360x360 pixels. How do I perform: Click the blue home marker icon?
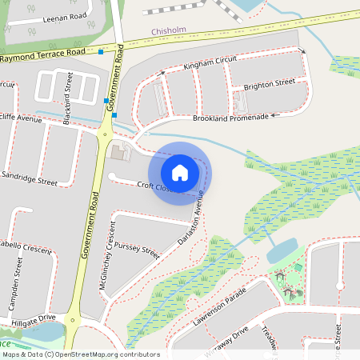pos(180,173)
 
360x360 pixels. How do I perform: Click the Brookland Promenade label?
pos(230,117)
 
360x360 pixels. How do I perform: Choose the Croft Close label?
pos(154,187)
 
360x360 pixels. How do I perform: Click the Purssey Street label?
pos(137,250)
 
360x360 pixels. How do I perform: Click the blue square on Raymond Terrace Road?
pos(102,52)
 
